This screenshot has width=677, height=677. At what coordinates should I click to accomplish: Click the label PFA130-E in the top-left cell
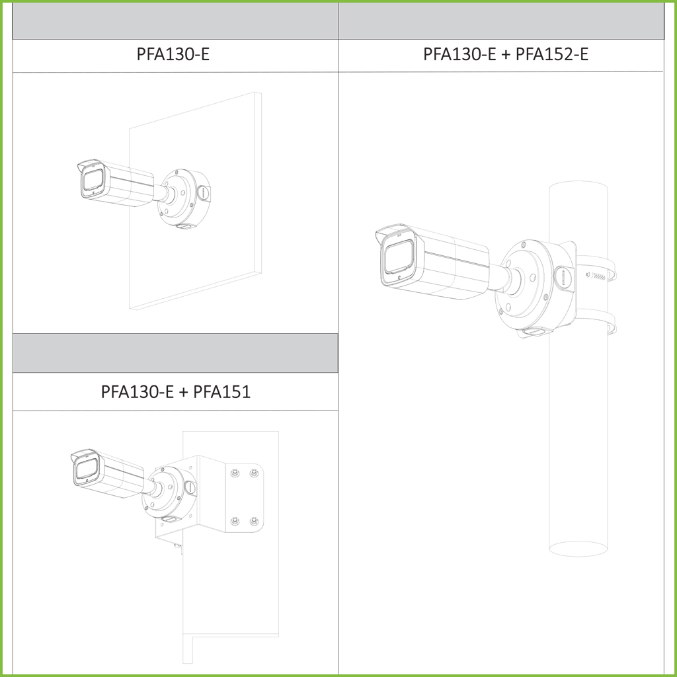tap(173, 54)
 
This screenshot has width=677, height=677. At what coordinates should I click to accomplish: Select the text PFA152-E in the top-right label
tap(552, 54)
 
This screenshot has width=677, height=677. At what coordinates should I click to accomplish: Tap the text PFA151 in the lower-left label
tap(222, 391)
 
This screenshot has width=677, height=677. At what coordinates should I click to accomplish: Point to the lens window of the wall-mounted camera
tap(93, 180)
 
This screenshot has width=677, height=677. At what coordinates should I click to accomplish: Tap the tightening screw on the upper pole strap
tap(596, 275)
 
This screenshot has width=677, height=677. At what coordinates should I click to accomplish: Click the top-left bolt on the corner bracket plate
tap(235, 473)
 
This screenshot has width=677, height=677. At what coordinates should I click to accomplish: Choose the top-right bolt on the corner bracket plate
tap(254, 473)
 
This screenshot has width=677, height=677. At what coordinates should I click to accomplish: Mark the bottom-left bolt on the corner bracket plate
tap(235, 521)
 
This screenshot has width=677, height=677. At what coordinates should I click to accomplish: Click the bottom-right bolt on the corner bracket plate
tap(254, 521)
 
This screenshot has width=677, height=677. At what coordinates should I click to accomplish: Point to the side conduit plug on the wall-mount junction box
tap(203, 192)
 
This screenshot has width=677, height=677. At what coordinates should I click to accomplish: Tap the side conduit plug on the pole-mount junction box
tap(564, 277)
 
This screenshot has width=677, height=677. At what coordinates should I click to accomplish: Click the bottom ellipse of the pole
tap(578, 549)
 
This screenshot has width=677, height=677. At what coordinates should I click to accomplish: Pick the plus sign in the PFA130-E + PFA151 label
tap(184, 393)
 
